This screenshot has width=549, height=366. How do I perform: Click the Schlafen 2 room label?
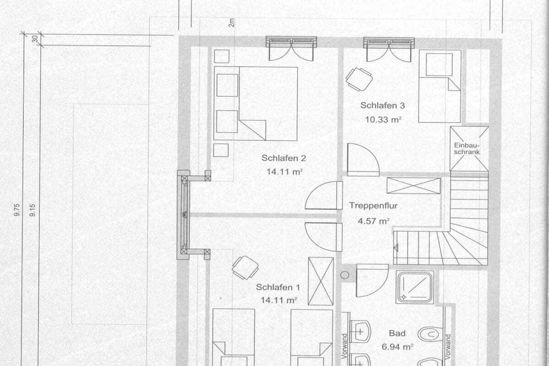[284, 158]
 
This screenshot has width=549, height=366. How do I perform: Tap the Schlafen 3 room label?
[382, 106]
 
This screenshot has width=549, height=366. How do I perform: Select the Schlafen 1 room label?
[278, 287]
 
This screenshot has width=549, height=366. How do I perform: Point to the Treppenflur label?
[373, 206]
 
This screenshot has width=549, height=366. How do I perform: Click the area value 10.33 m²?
[383, 119]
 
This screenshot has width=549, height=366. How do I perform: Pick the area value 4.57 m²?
[374, 221]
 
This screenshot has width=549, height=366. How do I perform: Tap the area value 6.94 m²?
[397, 347]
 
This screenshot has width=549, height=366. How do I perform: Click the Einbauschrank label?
[467, 149]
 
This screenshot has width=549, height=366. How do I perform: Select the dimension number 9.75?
[17, 210]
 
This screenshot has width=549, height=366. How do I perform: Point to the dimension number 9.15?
[33, 210]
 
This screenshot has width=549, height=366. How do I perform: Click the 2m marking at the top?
[232, 23]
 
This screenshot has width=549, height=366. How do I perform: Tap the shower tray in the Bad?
[415, 287]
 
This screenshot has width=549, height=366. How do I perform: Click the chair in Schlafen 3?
[359, 79]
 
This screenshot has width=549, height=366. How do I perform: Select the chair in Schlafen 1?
[246, 267]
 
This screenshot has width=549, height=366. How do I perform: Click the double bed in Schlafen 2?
[256, 103]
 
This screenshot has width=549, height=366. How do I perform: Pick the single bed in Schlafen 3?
[440, 86]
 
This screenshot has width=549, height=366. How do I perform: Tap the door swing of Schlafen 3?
[363, 160]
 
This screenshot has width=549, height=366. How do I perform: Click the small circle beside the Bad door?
[345, 275]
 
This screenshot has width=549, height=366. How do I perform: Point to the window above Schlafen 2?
[291, 42]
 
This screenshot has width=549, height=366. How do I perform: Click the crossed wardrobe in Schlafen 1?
[321, 281]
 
